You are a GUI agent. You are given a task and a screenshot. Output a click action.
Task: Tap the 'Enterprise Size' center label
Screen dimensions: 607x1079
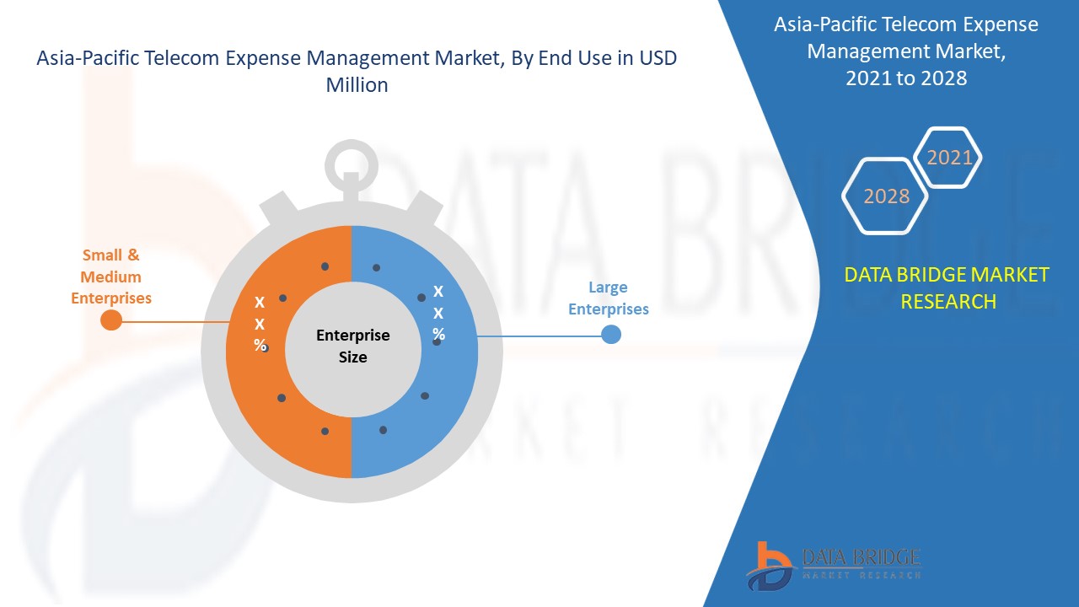352,346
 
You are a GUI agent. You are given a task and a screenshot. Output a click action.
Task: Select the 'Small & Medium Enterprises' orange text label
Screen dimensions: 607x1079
111,277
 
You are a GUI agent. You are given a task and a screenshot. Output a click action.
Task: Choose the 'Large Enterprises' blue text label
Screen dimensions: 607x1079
608,298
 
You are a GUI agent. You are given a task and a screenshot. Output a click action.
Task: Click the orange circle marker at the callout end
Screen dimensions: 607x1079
111,320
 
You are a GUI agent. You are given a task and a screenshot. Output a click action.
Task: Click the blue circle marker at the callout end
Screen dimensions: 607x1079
611,335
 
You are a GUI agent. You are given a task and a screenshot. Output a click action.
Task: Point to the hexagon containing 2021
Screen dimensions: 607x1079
949,158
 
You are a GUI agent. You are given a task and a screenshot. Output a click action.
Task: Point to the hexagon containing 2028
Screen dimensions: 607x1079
886,196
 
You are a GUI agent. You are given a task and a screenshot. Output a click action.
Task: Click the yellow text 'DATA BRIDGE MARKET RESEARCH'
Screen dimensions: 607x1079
947,287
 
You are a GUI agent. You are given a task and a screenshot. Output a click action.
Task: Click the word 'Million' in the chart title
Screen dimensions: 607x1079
357,85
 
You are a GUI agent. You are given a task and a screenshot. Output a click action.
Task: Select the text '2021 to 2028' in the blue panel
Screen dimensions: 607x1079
906,78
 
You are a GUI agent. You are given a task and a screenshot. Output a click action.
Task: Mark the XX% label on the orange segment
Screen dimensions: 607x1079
260,324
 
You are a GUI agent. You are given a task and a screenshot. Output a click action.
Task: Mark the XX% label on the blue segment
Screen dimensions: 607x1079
438,313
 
